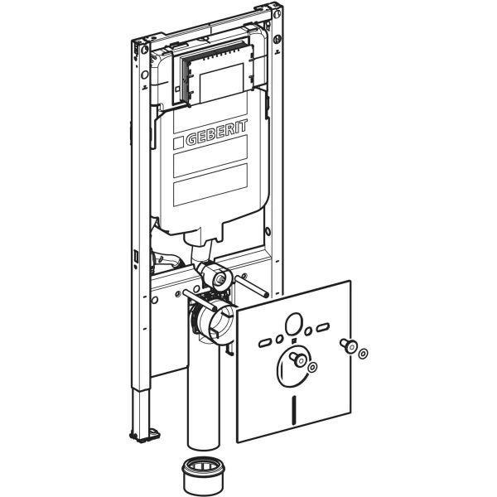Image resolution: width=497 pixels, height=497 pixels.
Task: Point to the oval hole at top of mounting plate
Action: (294, 322)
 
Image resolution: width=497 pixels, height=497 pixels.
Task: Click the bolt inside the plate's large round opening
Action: (295, 359)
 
